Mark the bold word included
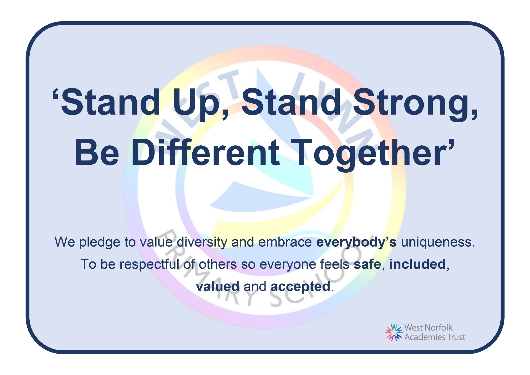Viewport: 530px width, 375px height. (417, 264)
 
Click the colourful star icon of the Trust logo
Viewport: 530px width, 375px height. (394, 332)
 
